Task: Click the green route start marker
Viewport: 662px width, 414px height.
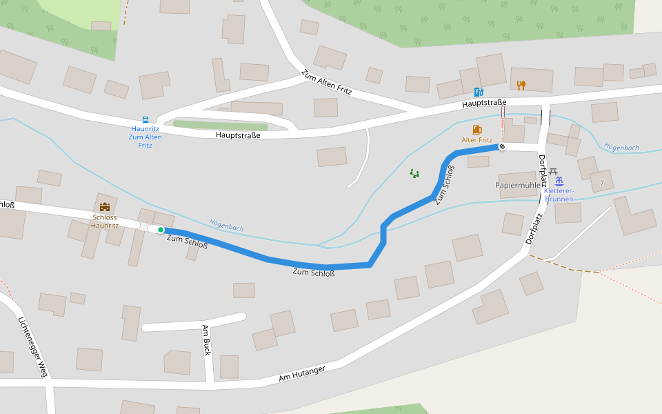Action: (161, 230)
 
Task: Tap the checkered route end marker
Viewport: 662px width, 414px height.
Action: (502, 146)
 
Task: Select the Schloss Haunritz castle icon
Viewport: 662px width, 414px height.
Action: (105, 206)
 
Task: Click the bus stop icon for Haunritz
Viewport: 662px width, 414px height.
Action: (145, 119)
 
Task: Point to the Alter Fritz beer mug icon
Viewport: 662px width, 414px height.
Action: (477, 129)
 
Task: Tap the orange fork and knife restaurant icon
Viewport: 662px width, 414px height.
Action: (521, 85)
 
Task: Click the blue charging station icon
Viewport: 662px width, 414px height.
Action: (479, 92)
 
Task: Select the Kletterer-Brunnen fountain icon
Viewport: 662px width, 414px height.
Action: (559, 181)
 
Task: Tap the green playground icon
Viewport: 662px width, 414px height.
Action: (414, 173)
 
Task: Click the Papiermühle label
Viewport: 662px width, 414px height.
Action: (516, 186)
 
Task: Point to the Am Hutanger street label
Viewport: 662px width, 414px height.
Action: (301, 373)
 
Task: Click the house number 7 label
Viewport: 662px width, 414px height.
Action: (602, 183)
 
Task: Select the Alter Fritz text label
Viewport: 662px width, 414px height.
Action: (477, 140)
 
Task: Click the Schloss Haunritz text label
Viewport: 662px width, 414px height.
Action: (105, 221)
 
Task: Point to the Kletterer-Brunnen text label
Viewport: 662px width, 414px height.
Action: (559, 195)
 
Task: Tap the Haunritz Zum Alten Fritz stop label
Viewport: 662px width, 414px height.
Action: (145, 137)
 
